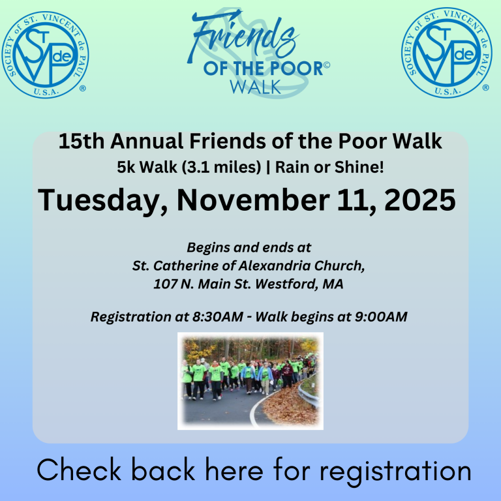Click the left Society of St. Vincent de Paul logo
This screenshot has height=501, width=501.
tap(45, 55)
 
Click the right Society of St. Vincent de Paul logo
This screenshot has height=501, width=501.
tap(446, 53)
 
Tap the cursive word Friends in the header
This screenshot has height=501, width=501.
tap(243, 36)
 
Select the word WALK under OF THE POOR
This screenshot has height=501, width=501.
tap(255, 87)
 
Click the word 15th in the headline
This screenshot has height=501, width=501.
tap(81, 141)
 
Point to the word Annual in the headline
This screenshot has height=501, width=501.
tap(147, 141)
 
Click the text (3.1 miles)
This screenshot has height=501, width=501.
tap(221, 167)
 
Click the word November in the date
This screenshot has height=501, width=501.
tap(252, 200)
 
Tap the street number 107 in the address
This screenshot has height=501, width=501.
tap(166, 284)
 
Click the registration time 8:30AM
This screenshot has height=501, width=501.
tap(218, 316)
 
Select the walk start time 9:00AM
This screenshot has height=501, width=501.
tap(381, 316)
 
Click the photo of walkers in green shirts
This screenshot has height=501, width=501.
tap(250, 381)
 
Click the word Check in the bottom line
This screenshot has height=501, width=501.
tap(78, 470)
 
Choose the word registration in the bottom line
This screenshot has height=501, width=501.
tap(395, 472)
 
